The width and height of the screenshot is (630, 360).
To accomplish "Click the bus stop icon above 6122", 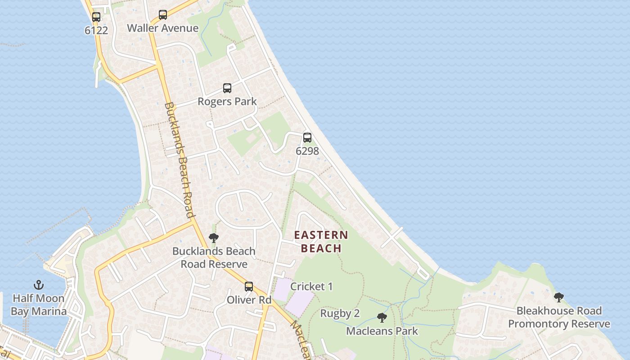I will click(x=96, y=17).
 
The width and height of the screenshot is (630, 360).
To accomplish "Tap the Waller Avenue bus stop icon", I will click(x=163, y=15).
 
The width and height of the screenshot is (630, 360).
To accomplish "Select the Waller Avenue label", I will click(x=162, y=28).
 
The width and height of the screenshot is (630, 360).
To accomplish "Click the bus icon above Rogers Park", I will click(x=227, y=88).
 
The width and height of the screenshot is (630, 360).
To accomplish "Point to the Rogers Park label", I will click(x=227, y=101).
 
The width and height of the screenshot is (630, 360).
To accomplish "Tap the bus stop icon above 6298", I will click(x=307, y=138).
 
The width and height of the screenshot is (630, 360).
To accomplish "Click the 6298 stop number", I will click(x=307, y=151).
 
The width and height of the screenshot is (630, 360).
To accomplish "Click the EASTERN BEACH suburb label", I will click(x=321, y=242).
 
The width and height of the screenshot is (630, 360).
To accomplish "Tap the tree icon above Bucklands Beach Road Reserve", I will click(x=214, y=238).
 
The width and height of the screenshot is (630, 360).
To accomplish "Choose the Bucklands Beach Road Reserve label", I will click(x=214, y=257).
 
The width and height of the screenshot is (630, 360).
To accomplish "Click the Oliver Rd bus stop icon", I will click(x=249, y=287).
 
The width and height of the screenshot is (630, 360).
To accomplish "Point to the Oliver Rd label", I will click(x=249, y=300).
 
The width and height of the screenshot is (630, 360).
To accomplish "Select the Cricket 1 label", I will click(x=311, y=286).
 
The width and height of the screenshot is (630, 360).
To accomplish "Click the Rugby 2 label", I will click(x=340, y=313).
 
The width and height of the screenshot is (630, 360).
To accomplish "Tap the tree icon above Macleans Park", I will click(x=382, y=318).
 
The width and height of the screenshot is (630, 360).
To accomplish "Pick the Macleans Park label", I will click(x=382, y=331).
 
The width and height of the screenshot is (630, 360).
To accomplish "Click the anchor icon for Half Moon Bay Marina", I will click(x=39, y=285).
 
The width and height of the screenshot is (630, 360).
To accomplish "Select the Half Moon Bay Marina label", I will click(x=39, y=305).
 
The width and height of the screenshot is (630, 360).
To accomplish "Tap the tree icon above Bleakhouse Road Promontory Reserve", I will click(x=559, y=297).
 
